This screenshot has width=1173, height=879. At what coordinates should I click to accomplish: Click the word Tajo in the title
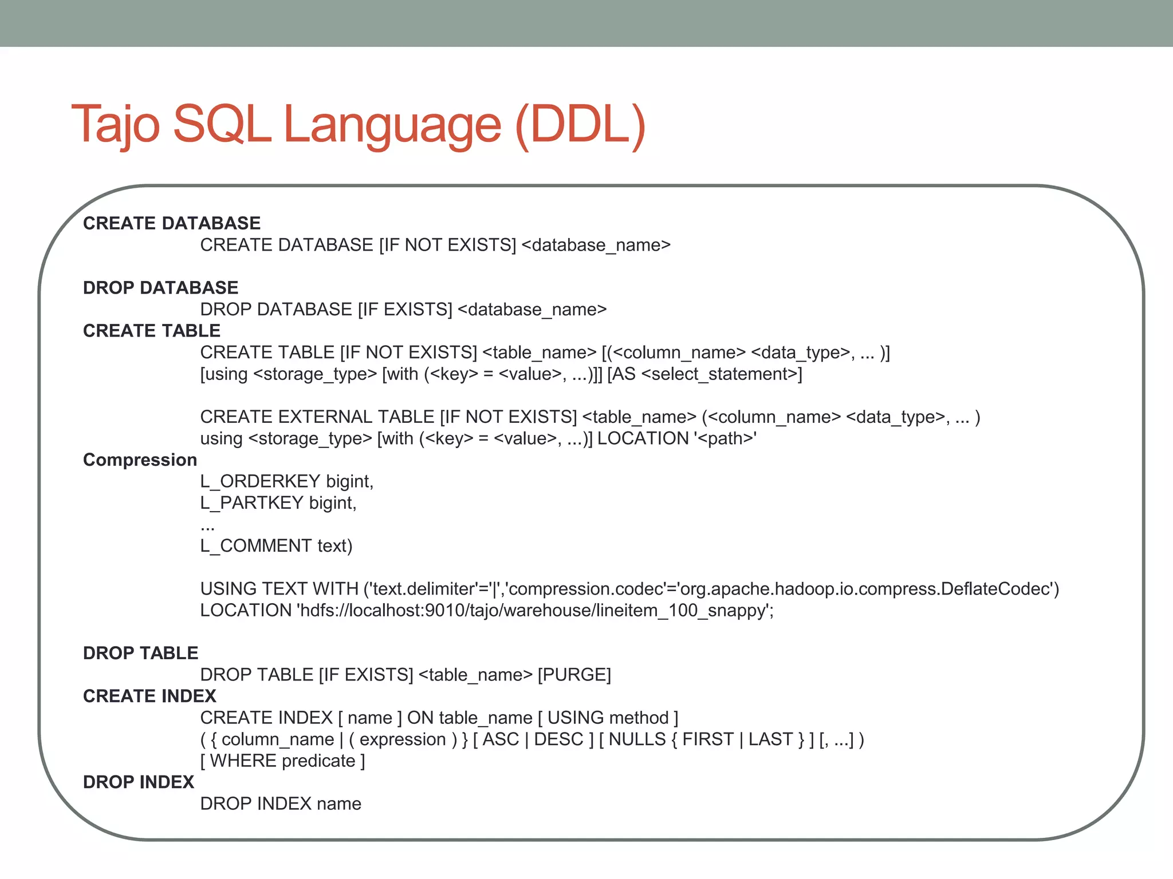coord(115,124)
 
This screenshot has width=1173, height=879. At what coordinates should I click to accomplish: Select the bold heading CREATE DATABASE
coord(172,223)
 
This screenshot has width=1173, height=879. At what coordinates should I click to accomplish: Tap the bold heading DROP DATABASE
coord(160,287)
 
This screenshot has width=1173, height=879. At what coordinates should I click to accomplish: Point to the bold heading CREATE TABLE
coord(152,331)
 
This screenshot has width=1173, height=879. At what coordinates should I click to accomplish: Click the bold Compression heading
coord(140,460)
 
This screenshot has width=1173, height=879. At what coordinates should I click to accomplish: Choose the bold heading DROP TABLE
coord(140,653)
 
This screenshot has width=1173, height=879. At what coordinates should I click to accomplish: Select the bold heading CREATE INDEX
coord(149,696)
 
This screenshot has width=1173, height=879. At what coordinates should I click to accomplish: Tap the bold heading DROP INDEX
coord(139,782)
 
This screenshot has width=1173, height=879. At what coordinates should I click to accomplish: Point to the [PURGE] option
coord(574,675)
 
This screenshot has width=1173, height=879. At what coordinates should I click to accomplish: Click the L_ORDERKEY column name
coord(261,481)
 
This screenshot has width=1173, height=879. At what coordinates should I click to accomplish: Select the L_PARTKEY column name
coord(252,503)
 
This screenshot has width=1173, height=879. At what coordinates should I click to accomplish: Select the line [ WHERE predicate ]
coord(282,761)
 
